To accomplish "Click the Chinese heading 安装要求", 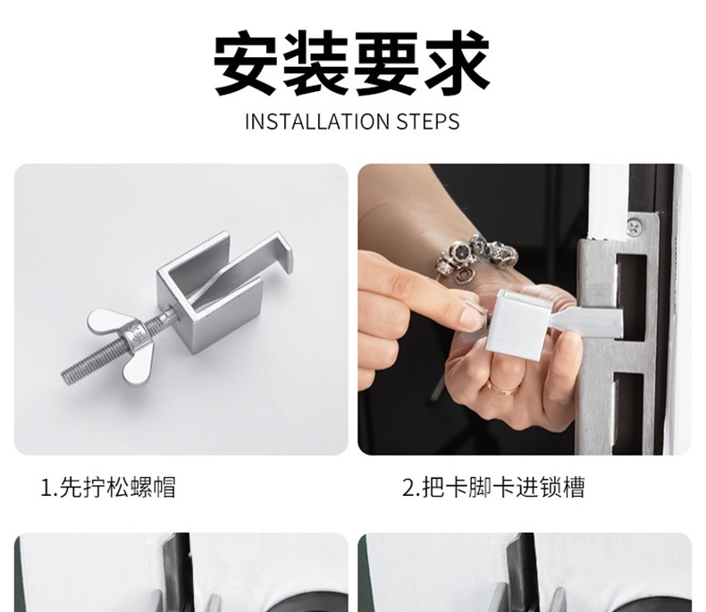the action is [351, 63].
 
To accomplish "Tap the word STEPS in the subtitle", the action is [428, 122].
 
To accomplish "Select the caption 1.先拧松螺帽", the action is [108, 487].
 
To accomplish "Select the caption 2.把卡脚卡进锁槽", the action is [493, 487].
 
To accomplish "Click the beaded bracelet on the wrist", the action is [475, 256].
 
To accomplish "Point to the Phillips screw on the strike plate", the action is [635, 226].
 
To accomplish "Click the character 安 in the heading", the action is [246, 63].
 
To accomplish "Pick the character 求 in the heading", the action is [458, 63].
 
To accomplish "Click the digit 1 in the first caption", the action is [46, 488].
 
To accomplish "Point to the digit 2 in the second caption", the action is [408, 488].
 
